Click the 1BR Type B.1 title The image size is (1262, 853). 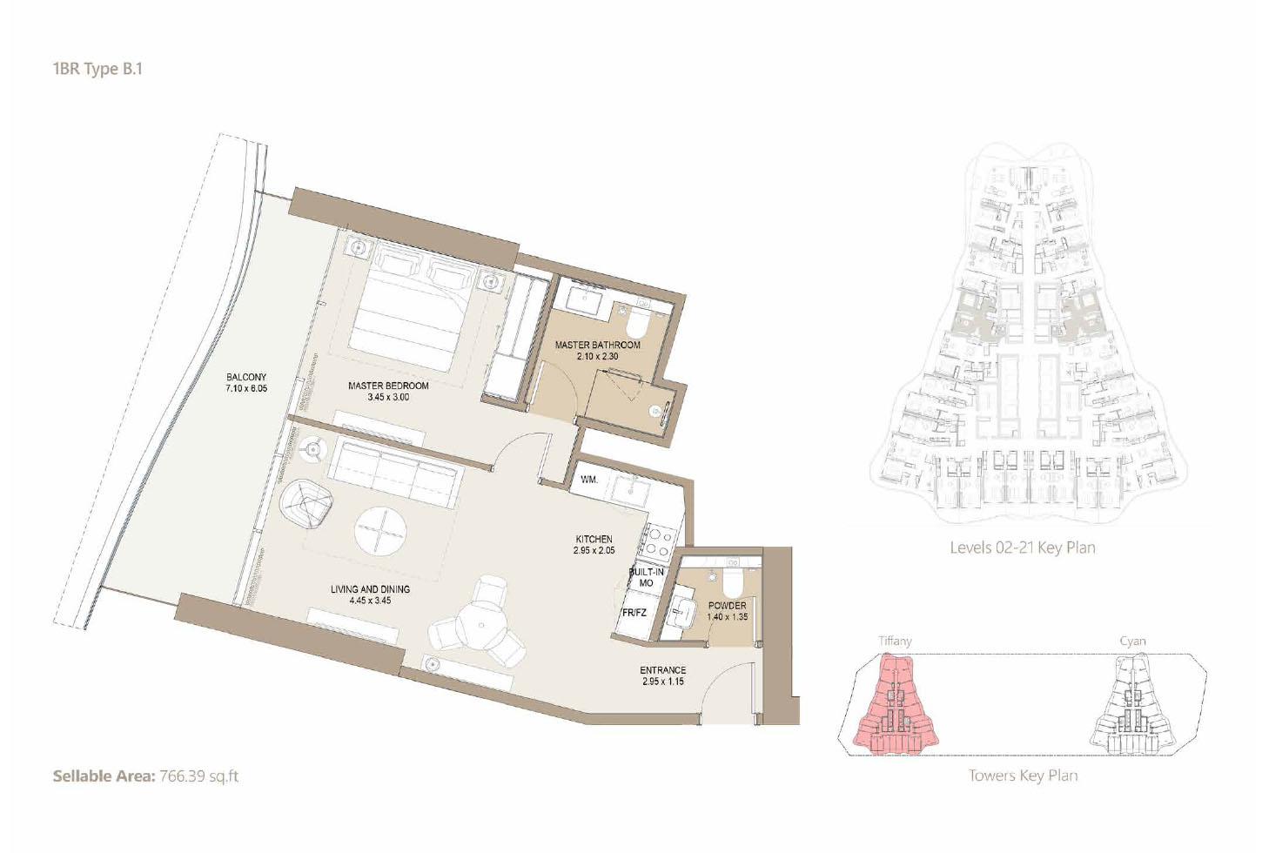97,69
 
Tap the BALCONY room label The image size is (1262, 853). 246,377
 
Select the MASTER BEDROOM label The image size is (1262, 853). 388,386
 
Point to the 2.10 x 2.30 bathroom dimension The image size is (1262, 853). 597,356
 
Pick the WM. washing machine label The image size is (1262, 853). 588,480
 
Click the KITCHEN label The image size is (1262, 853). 594,539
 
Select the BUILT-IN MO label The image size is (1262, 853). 646,577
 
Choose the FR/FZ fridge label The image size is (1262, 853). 634,613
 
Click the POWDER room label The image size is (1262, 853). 728,606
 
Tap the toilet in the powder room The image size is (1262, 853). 733,583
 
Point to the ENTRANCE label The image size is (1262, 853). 662,670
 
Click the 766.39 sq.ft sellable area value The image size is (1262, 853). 199,776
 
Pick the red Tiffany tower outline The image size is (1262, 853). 896,704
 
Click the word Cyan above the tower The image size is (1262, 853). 1132,641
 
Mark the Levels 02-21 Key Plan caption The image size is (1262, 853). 1023,547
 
